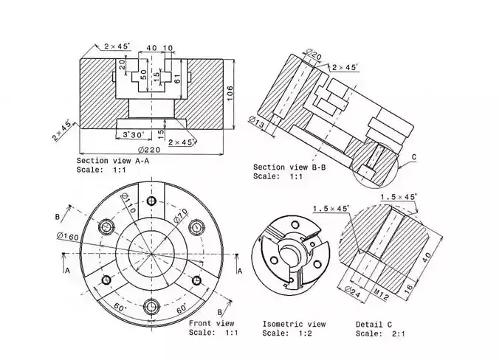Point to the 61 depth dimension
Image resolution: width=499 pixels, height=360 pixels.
(x=177, y=78)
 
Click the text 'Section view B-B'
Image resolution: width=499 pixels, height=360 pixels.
(x=286, y=167)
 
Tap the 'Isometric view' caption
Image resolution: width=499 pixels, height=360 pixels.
(x=294, y=324)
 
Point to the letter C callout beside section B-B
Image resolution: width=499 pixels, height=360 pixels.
(x=414, y=157)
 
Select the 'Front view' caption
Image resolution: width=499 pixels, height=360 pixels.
(x=212, y=324)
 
